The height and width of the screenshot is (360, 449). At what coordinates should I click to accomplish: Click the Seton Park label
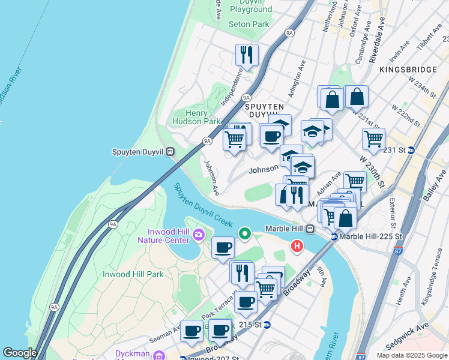coord(249,24)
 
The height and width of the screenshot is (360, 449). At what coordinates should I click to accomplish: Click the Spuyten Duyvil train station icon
coord(170,152)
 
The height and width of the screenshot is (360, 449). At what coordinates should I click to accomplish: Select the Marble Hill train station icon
coord(310,229)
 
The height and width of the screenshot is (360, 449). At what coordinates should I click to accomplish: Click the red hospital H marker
coord(297,246)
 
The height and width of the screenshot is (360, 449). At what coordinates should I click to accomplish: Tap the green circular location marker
coord(245,233)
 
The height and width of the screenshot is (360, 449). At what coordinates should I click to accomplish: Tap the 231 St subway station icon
coord(411,150)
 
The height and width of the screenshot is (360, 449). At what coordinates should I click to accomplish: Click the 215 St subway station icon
coord(267,325)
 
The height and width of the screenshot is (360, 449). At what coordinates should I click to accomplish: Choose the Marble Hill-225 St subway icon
coord(334,236)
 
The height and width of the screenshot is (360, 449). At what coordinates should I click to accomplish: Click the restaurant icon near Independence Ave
coord(247,55)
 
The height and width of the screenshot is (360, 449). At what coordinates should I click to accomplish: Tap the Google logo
coord(20,353)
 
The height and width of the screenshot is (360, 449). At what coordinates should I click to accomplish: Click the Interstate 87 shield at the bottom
coord(361,356)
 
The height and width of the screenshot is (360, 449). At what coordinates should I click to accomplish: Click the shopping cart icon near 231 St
coord(373,139)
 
